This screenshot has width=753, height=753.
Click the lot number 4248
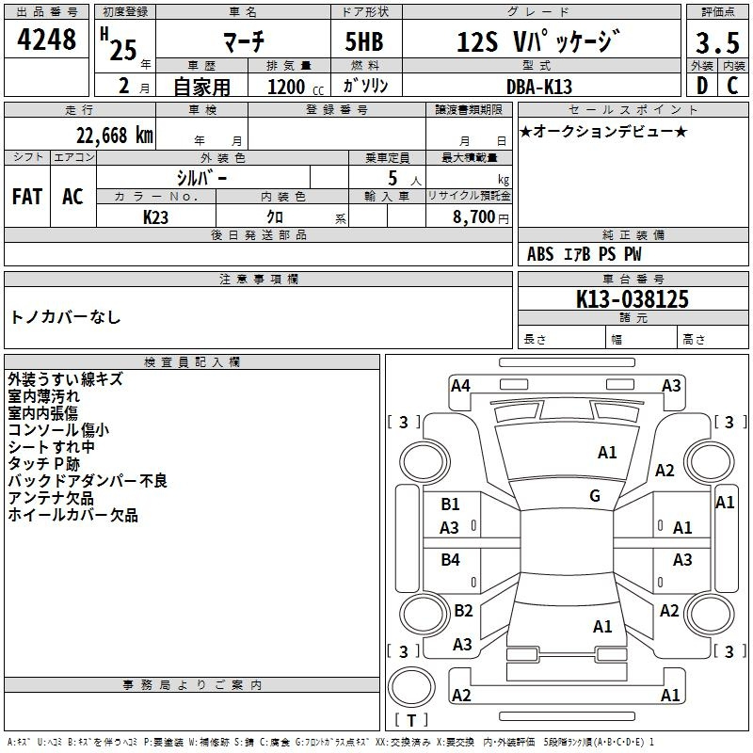[46, 40]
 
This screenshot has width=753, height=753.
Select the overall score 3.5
[717, 42]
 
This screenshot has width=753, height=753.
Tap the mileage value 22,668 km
[115, 136]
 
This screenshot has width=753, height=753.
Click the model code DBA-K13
[539, 87]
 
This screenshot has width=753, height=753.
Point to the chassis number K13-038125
[632, 299]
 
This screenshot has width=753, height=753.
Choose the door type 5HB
[364, 41]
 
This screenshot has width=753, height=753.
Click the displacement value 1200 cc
[296, 87]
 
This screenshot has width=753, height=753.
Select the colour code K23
[155, 217]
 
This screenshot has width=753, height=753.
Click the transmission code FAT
[27, 197]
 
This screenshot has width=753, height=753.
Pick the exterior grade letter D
[702, 86]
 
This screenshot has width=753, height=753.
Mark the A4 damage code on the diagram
[460, 386]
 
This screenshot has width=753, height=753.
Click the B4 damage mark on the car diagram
[450, 559]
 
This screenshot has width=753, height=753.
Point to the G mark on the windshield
[595, 496]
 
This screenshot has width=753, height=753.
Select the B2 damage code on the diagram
[463, 610]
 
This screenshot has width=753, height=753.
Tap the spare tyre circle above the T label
[411, 687]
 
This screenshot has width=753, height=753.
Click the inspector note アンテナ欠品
[51, 498]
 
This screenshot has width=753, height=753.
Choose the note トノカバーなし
[65, 316]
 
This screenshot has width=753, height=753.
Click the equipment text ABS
[540, 254]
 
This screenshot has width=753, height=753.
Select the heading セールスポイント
[633, 110]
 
